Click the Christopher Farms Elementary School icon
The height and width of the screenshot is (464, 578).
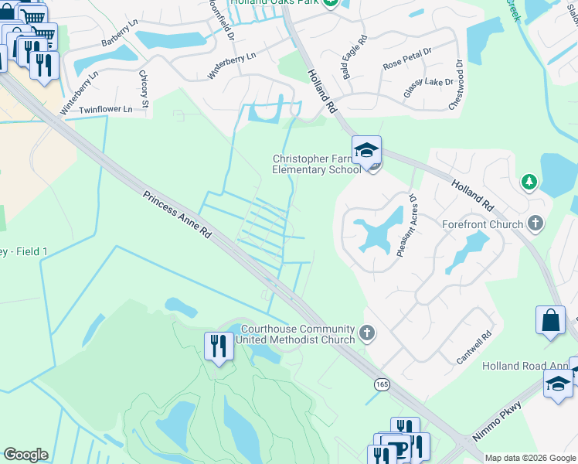[367, 150]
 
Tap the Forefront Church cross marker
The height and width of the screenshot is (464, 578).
[535, 224]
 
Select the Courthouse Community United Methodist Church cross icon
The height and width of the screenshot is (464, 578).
[367, 333]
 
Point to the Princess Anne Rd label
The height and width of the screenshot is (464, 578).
[177, 214]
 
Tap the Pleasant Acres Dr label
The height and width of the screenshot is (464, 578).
[409, 225]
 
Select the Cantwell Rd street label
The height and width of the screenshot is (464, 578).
[474, 346]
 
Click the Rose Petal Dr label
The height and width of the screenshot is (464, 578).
[408, 62]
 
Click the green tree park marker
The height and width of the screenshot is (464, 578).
[529, 183]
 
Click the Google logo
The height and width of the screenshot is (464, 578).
[25, 455]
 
